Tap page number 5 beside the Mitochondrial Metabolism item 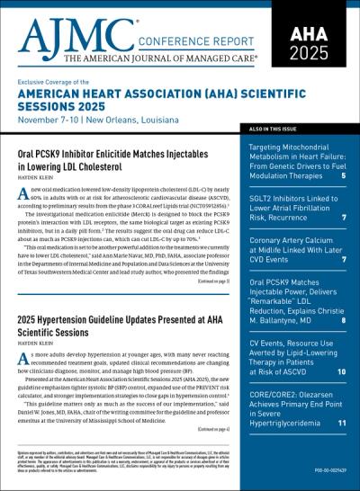pyautogui.click(x=343, y=175)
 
